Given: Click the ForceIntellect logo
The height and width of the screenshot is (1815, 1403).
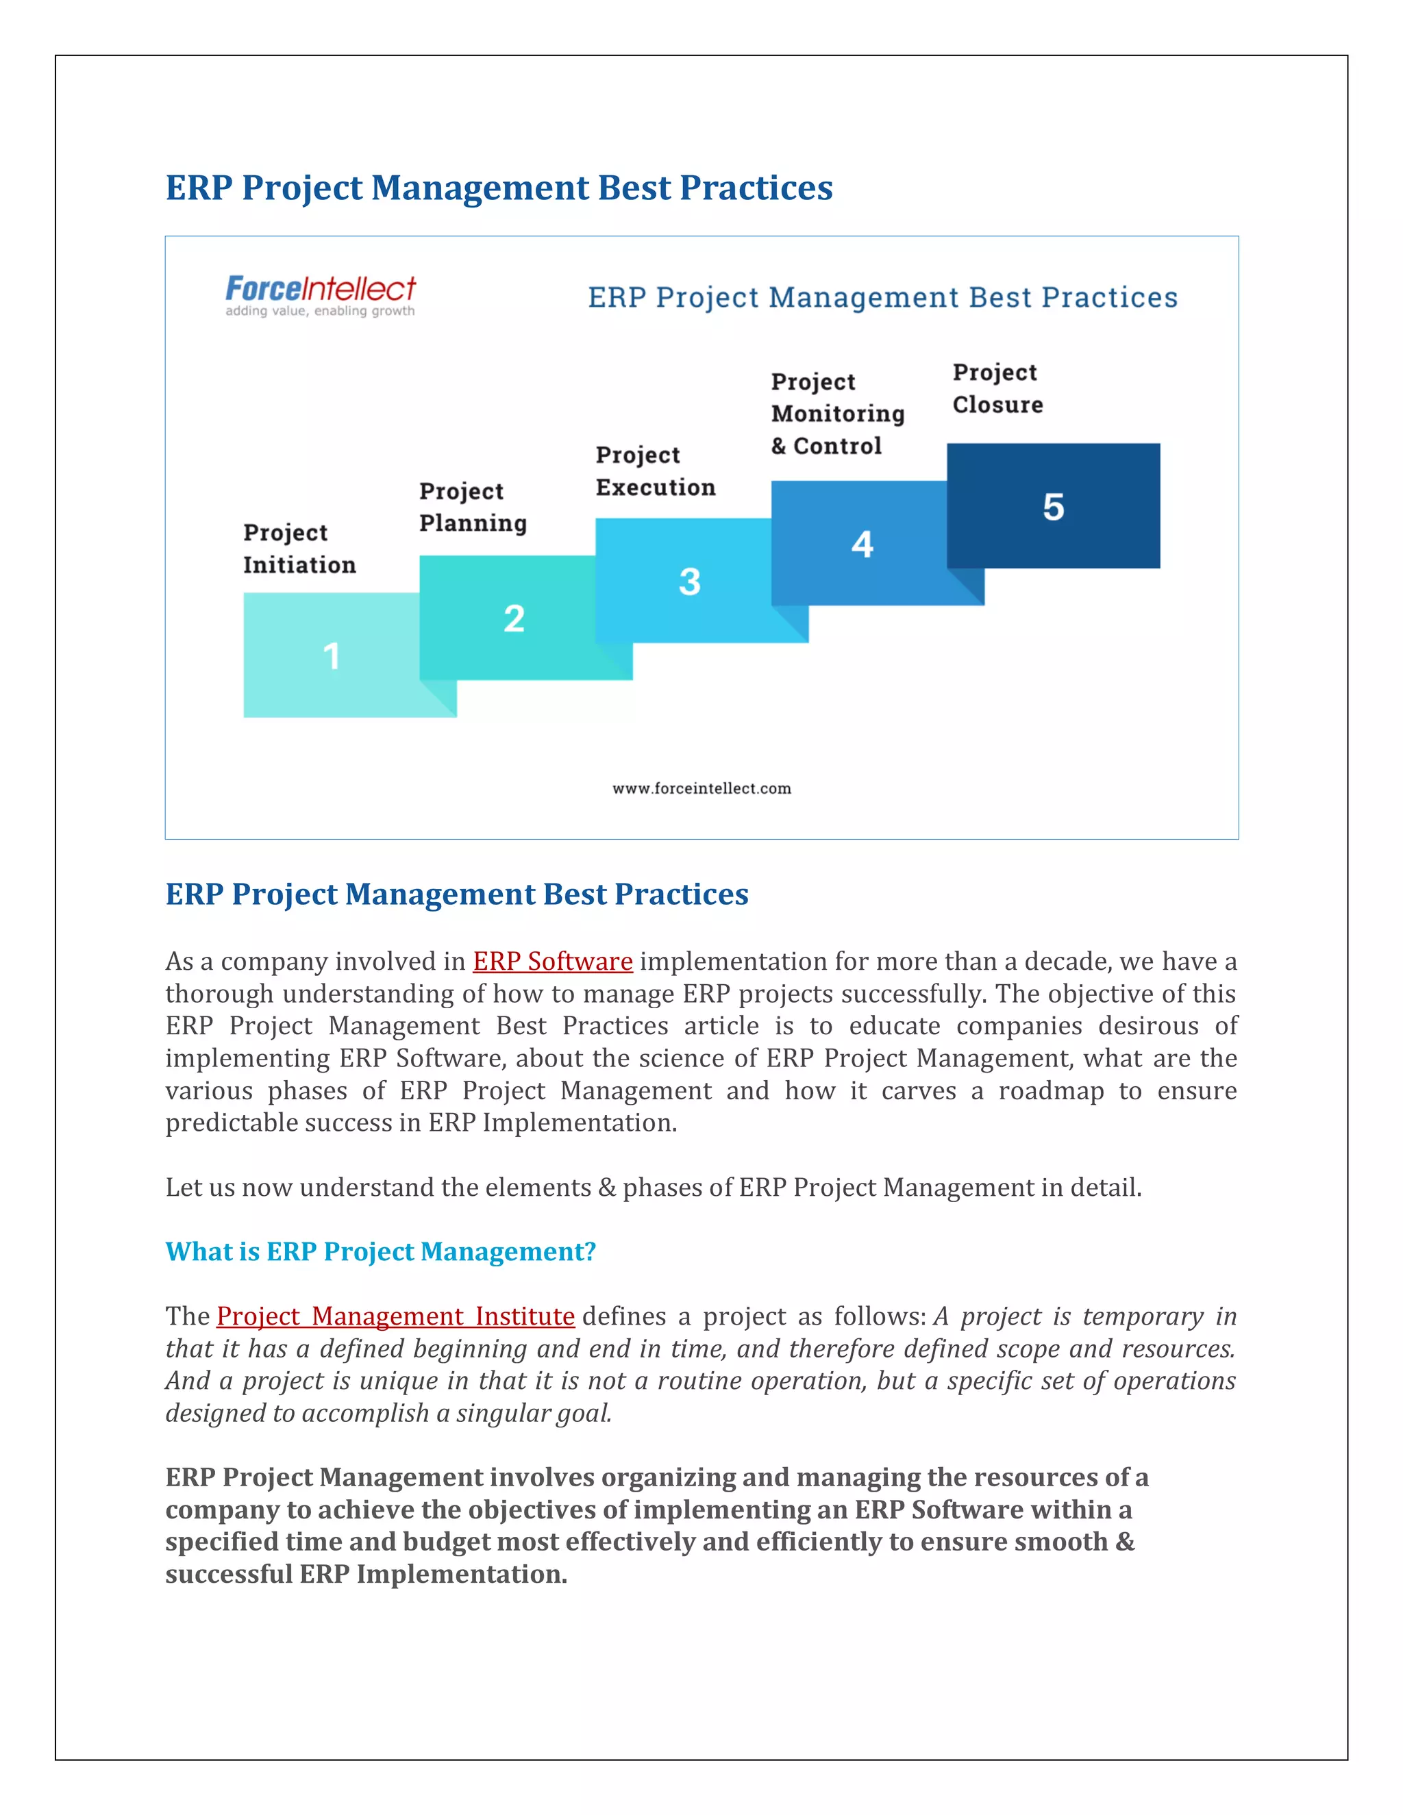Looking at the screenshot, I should (x=320, y=289).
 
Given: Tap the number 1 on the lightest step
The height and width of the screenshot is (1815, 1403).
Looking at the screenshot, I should (x=332, y=657).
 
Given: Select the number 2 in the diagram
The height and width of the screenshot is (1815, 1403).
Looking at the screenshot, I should (x=514, y=619).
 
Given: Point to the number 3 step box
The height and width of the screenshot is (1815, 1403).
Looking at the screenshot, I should (x=689, y=581).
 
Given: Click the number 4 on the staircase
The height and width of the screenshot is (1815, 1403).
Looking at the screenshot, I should (x=862, y=544).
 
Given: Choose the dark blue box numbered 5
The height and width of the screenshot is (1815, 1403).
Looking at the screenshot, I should (x=1053, y=506).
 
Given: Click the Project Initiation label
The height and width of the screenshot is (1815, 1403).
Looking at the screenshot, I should (x=299, y=549).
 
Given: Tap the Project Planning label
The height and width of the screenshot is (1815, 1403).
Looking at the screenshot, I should (x=473, y=507).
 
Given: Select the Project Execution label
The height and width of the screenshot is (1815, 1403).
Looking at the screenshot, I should (x=655, y=471).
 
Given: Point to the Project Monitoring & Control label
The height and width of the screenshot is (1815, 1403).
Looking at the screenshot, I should (x=837, y=414).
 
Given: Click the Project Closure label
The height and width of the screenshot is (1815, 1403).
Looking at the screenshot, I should (x=997, y=388).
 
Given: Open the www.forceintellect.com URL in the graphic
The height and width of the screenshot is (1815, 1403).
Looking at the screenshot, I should (x=701, y=788).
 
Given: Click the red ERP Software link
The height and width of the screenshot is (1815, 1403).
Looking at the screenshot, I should (x=553, y=962).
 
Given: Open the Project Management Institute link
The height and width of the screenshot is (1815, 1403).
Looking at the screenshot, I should (x=396, y=1316).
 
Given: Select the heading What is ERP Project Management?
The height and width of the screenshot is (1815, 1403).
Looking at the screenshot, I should (x=381, y=1251).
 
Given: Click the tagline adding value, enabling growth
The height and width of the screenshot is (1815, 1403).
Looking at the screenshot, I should (x=320, y=312).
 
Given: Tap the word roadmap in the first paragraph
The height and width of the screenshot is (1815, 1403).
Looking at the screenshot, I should (x=1051, y=1090).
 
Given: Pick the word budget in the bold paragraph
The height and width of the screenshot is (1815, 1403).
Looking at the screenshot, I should (x=447, y=1542).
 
